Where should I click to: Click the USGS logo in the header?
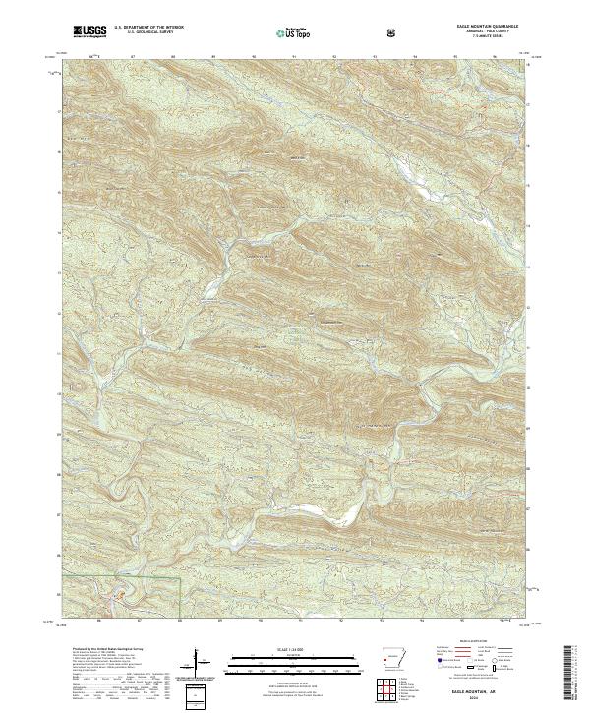pos(89,31)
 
